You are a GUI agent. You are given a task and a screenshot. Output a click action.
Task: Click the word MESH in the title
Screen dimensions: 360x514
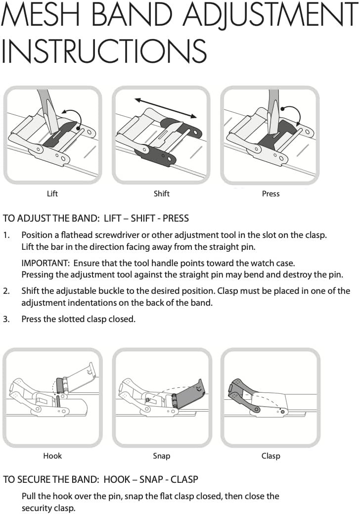pos(40,15)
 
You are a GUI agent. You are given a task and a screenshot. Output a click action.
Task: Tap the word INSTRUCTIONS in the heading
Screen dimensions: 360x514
pos(104,51)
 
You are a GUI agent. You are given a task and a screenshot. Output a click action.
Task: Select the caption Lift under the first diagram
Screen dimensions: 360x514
pos(52,193)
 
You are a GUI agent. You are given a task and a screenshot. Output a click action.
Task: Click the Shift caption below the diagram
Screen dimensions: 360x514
pos(162,193)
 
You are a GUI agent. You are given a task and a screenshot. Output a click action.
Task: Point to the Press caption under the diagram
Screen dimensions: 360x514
pos(270,194)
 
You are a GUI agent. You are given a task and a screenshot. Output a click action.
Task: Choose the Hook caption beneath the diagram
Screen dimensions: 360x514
pos(52,456)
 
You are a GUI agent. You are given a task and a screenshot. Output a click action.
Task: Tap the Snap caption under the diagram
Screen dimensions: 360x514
pos(162,456)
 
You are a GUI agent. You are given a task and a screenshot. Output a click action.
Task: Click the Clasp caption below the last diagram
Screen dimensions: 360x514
pos(270,456)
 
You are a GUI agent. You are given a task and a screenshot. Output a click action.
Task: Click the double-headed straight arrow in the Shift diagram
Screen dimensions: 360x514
pos(166,108)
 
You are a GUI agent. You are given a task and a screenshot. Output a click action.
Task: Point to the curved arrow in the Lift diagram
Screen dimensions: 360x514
pos(73,117)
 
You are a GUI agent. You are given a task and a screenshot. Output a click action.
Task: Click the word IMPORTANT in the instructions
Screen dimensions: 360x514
pos(44,263)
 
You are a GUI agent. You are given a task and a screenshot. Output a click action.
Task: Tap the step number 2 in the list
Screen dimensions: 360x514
pos(6,291)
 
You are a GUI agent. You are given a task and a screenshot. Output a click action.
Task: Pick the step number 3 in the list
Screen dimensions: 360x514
pos(6,319)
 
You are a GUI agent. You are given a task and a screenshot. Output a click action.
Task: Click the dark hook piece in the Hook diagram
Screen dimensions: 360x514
pos(60,385)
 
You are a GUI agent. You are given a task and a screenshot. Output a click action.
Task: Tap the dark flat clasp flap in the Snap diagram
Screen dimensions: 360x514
pos(189,393)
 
